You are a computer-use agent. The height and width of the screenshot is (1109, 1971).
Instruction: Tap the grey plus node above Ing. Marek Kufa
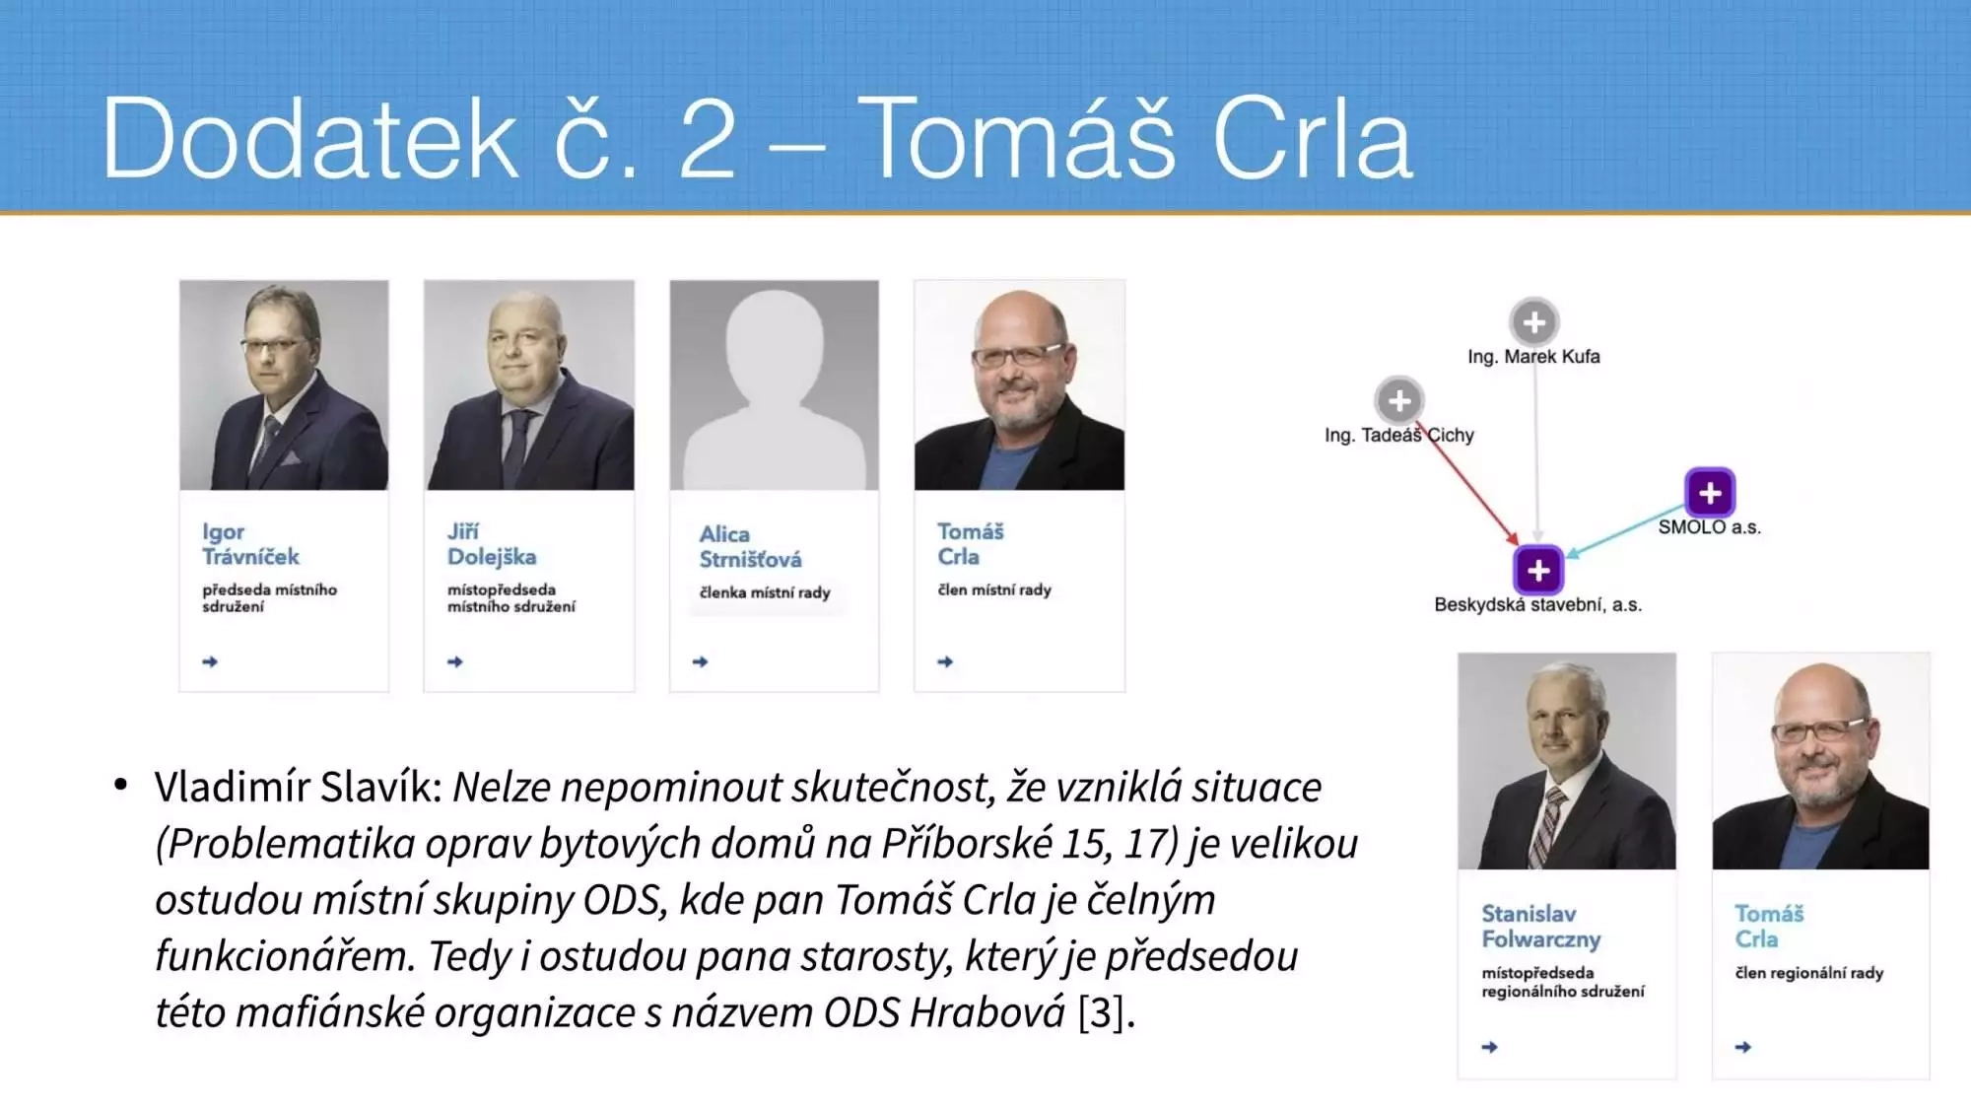(1534, 321)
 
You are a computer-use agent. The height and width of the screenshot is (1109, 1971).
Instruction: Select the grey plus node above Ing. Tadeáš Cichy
(1398, 400)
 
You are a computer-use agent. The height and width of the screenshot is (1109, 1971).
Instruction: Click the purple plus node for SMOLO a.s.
(1710, 492)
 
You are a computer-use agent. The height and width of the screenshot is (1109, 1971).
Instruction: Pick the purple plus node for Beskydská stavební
(1537, 570)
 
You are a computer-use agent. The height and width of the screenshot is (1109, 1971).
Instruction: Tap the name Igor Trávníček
(250, 544)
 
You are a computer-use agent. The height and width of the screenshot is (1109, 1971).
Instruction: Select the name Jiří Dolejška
(492, 544)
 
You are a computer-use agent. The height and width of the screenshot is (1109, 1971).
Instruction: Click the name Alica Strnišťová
(750, 547)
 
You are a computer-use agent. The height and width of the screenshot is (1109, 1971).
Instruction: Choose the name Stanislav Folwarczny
(1541, 927)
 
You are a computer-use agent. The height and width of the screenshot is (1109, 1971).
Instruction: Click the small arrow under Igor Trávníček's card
(210, 661)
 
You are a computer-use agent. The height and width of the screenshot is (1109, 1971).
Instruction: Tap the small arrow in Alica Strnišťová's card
(701, 661)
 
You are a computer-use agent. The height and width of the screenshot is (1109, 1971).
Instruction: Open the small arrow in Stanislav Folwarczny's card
(1490, 1047)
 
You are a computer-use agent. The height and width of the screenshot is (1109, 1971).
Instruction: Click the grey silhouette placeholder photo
(774, 385)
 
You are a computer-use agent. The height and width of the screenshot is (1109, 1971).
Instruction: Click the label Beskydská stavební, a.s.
(1537, 604)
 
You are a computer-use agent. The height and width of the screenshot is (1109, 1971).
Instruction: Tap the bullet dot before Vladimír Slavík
(120, 786)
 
